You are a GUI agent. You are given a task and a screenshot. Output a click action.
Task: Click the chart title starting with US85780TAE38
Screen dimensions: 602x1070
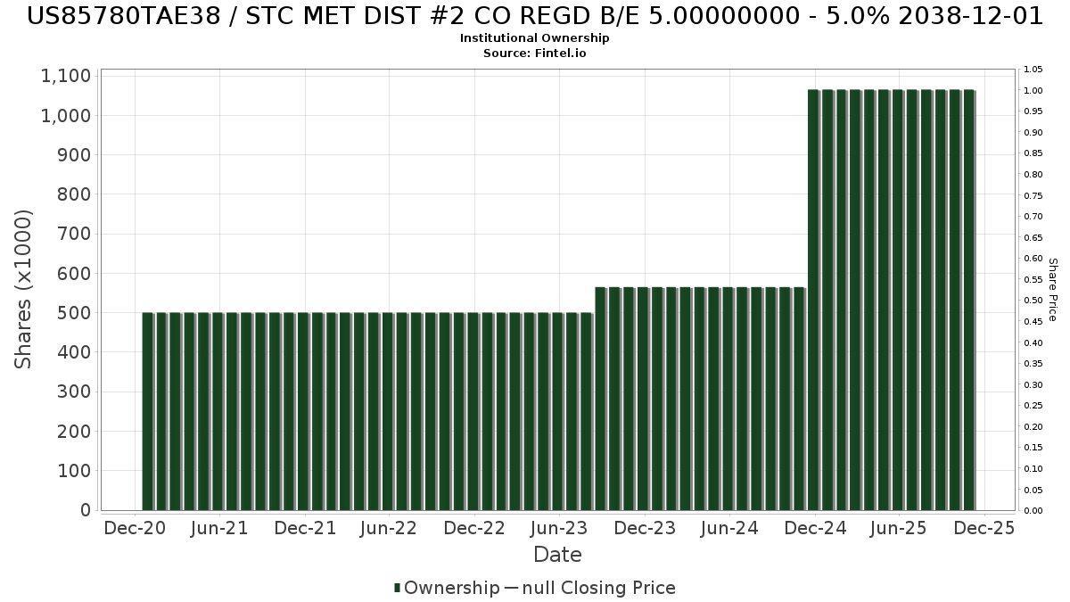click(x=535, y=16)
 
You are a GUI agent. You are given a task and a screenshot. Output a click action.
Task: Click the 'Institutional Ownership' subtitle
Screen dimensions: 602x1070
click(x=535, y=38)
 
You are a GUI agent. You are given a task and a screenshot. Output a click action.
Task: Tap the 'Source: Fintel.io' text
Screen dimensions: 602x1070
click(x=535, y=54)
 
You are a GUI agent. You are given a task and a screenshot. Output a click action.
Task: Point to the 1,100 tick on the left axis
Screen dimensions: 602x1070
click(x=66, y=77)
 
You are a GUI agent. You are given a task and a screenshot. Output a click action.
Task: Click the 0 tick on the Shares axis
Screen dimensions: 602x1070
click(x=86, y=510)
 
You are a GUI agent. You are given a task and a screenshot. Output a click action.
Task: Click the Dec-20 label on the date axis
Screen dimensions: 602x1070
click(x=135, y=528)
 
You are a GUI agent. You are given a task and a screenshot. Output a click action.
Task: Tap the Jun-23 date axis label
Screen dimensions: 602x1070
click(x=559, y=528)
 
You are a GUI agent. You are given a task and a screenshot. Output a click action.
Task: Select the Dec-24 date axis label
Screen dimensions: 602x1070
click(x=814, y=528)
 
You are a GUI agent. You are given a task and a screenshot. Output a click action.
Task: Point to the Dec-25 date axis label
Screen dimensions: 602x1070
click(x=984, y=528)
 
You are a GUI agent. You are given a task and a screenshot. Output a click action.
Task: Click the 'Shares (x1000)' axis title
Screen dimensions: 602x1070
click(x=24, y=289)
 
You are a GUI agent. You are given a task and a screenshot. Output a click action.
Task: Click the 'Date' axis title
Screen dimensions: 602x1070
click(x=557, y=555)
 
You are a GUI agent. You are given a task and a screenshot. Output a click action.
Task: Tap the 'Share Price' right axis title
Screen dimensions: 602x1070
click(x=1052, y=289)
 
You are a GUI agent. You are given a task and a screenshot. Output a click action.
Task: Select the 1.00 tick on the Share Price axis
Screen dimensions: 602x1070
click(x=1033, y=91)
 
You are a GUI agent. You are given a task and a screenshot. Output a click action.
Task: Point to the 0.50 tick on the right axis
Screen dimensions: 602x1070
click(x=1033, y=301)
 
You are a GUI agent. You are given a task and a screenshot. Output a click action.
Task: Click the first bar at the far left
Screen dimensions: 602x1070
click(x=148, y=411)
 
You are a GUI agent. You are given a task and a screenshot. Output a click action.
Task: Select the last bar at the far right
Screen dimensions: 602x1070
click(x=968, y=300)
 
